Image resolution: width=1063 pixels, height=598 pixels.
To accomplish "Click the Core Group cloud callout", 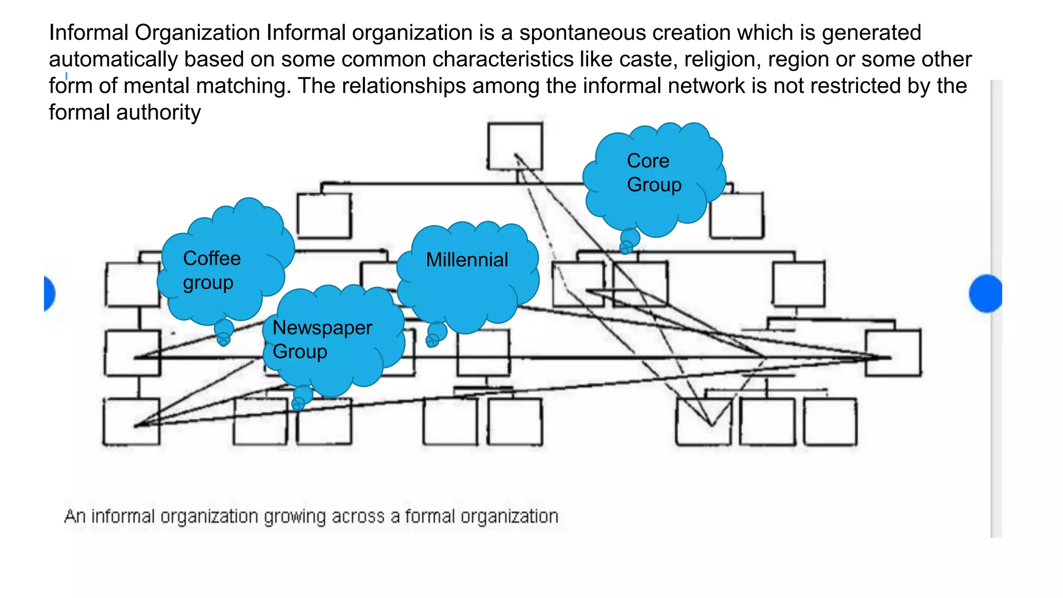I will pos(654,176).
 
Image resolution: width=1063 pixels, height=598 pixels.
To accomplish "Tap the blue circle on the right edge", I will pos(986,294).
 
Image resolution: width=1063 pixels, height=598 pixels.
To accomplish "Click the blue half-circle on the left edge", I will pos(49,294).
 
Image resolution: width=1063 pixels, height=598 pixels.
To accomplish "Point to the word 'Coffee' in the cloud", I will pos(212,259).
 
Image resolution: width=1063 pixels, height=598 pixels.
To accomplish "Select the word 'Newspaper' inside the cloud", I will pos(322,328).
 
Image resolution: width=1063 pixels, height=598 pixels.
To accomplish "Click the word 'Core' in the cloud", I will pos(648,161).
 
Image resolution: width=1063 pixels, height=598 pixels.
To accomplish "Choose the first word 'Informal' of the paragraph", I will pos(88,33).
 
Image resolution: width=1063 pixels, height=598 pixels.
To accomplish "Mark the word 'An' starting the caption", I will pos(74,517).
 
